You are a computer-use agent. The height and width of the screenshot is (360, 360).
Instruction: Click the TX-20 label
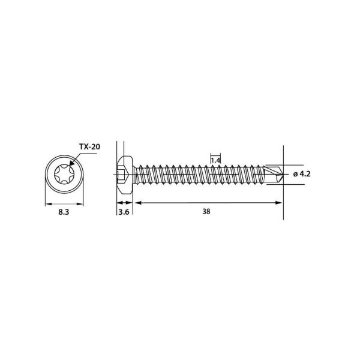89,146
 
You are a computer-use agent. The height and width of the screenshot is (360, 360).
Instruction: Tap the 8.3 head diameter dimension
64,212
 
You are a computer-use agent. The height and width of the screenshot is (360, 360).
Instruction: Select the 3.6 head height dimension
124,212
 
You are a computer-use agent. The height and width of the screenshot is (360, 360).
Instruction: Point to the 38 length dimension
206,211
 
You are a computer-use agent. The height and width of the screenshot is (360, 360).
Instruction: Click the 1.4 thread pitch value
215,160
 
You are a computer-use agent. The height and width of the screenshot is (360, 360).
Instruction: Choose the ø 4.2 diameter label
302,174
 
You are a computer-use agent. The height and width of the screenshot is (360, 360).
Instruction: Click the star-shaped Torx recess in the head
64,175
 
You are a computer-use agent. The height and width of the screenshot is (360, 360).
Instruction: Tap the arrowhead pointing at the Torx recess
72,162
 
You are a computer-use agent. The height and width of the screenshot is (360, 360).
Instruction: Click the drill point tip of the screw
283,175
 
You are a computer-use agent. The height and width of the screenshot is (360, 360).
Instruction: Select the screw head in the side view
125,175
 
